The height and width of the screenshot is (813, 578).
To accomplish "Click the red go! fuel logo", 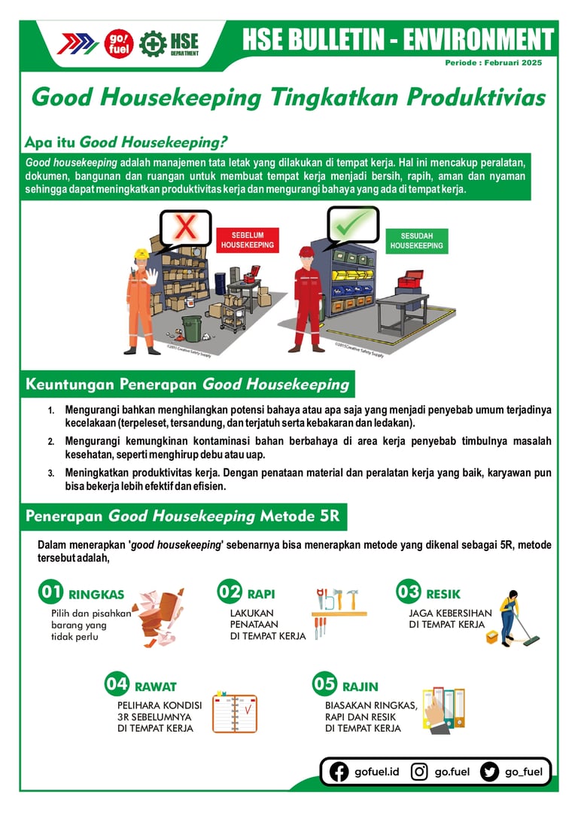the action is (119, 44).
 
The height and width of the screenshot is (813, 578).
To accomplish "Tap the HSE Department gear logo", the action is (153, 44).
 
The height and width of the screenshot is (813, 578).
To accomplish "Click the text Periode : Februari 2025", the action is (493, 62).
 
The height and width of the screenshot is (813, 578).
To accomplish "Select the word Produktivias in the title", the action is (476, 97).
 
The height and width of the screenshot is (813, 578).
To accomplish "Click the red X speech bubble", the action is (185, 229).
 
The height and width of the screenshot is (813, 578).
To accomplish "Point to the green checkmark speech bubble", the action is (352, 226).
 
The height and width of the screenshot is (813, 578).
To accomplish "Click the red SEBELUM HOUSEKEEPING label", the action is (248, 240).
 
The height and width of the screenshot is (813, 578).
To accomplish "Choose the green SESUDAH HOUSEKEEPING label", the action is (416, 241).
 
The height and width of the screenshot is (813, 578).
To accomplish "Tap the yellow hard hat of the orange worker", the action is (141, 255).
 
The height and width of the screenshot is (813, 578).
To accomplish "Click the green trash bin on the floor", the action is (191, 329).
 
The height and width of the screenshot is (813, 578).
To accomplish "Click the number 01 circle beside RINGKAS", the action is (51, 592).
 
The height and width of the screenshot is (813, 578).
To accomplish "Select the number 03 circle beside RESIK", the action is (408, 591).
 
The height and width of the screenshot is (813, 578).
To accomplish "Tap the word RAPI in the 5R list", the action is (260, 594).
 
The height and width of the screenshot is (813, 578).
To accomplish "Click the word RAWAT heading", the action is (156, 687).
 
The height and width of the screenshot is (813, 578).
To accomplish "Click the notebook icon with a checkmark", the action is (235, 712).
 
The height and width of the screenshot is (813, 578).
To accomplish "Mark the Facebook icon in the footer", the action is (339, 772).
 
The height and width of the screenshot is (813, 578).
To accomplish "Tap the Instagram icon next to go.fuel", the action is (419, 772).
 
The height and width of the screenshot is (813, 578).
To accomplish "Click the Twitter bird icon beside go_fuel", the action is (489, 772).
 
